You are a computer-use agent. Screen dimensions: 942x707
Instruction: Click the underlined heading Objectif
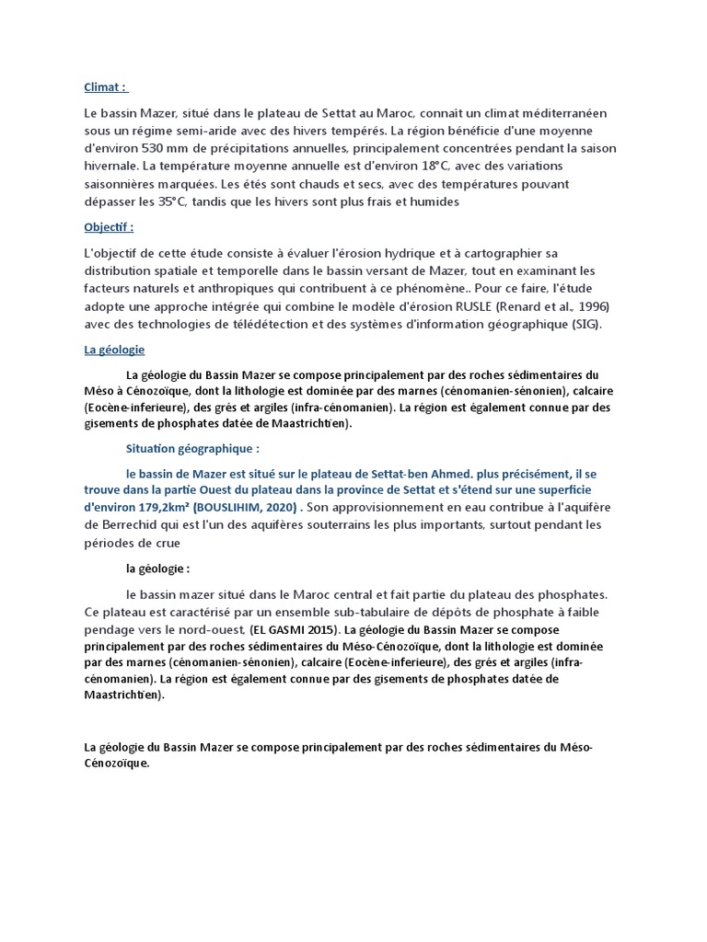(x=109, y=226)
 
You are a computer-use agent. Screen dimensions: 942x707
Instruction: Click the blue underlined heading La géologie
(x=114, y=350)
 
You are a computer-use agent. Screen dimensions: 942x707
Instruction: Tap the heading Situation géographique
(x=192, y=449)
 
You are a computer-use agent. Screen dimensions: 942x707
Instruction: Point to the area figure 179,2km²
(x=162, y=508)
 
